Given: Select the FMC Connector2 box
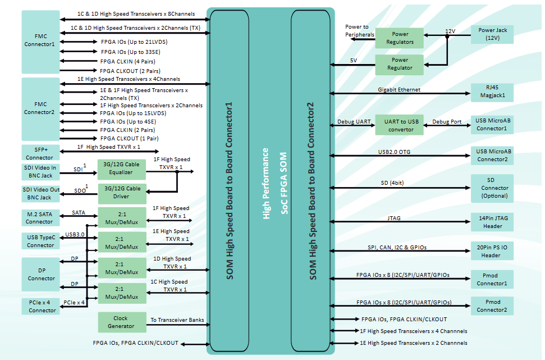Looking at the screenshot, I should [40, 108].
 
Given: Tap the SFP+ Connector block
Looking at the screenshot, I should [40, 153].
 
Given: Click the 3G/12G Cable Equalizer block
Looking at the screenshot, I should [122, 168].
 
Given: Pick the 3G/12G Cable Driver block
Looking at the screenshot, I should [122, 193].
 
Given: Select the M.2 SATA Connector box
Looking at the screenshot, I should [40, 217].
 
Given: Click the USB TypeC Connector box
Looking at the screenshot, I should [40, 241].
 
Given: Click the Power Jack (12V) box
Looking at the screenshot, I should [492, 34].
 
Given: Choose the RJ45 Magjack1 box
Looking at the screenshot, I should [492, 92].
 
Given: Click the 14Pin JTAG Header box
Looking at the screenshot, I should [492, 222].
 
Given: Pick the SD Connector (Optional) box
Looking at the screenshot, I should [492, 188].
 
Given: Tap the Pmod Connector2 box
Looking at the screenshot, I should [492, 306].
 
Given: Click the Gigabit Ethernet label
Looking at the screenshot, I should [399, 90].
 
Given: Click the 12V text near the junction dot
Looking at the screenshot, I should [450, 31].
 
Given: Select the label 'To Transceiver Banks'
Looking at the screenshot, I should [176, 320].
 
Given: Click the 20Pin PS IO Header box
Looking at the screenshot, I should [492, 251].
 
